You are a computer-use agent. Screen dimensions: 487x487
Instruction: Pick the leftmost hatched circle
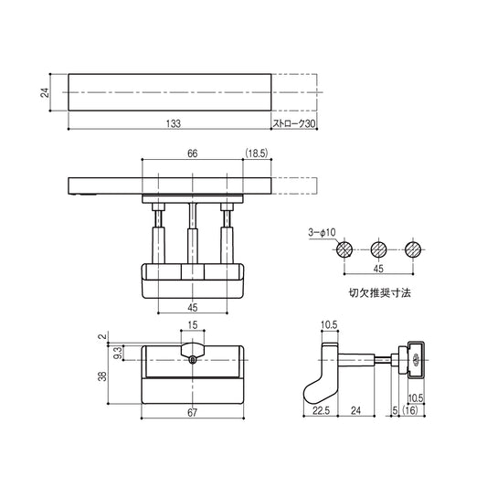[344, 249]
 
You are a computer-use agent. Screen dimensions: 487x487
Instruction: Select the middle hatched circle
[378, 249]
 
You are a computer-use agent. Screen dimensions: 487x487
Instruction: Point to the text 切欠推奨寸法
[379, 295]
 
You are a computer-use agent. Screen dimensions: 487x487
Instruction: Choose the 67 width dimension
[192, 413]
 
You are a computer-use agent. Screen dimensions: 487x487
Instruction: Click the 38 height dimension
[102, 375]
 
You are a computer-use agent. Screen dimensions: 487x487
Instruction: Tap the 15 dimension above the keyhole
[192, 326]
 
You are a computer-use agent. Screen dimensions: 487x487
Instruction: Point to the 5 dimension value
[394, 413]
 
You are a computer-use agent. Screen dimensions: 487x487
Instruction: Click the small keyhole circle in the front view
[193, 359]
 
